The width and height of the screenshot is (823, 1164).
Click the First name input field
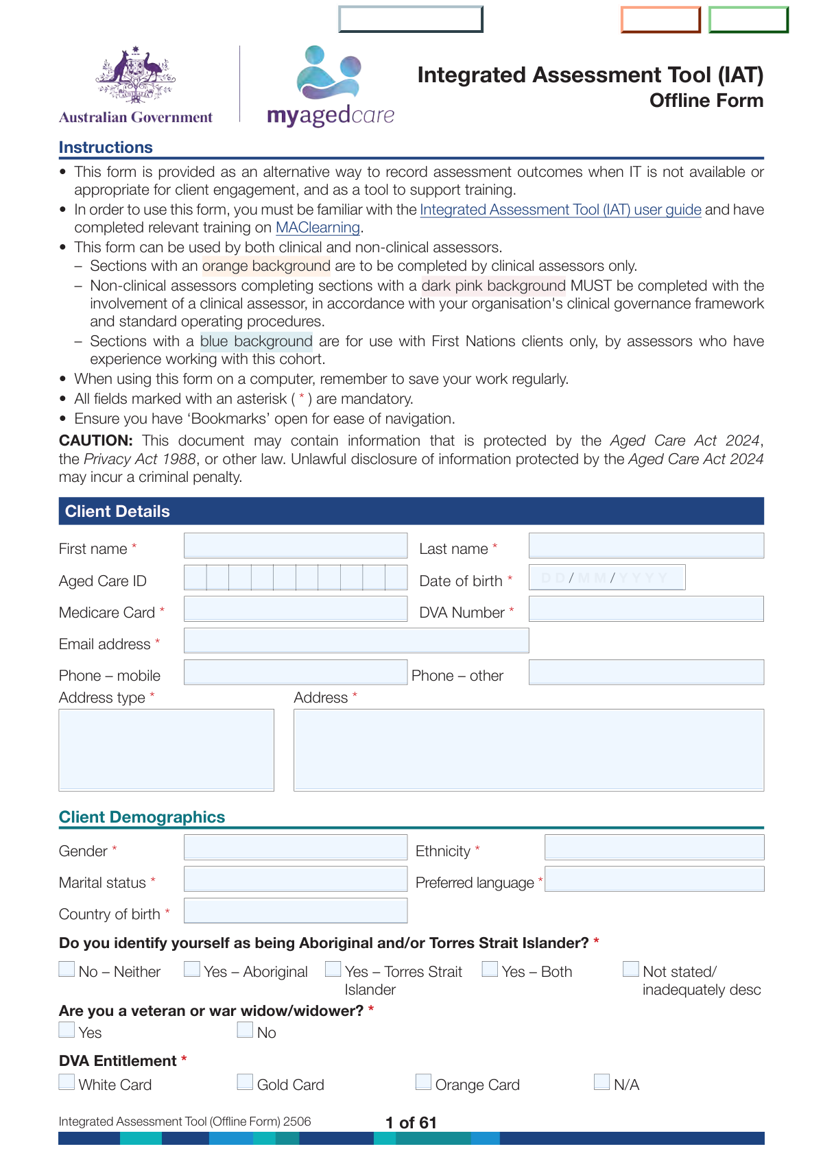point(296,546)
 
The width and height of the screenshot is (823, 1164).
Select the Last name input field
point(646,546)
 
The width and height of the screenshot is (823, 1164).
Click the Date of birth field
point(607,578)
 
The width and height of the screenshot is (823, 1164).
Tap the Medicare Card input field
point(296,609)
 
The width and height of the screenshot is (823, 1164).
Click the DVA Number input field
point(646,609)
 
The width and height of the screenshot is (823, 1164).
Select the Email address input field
point(356,640)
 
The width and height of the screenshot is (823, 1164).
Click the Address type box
point(167,750)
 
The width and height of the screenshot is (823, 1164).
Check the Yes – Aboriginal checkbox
point(193,969)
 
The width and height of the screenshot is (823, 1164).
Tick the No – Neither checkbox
point(67,969)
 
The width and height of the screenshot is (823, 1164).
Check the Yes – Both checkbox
point(490,969)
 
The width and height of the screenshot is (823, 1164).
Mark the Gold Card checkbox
point(246,1082)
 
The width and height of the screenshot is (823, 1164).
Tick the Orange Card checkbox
point(424,1082)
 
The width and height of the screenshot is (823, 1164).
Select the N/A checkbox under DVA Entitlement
point(602,1082)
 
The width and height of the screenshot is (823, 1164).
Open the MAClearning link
point(318,228)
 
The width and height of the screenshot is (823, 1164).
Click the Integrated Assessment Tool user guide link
point(560,210)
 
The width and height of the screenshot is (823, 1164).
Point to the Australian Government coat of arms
point(135,75)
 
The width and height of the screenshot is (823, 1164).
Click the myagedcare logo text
point(331,115)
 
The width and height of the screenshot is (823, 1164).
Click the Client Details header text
point(117,511)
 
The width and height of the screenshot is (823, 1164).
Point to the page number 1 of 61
point(411,1122)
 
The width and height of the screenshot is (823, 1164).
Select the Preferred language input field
point(654,879)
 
